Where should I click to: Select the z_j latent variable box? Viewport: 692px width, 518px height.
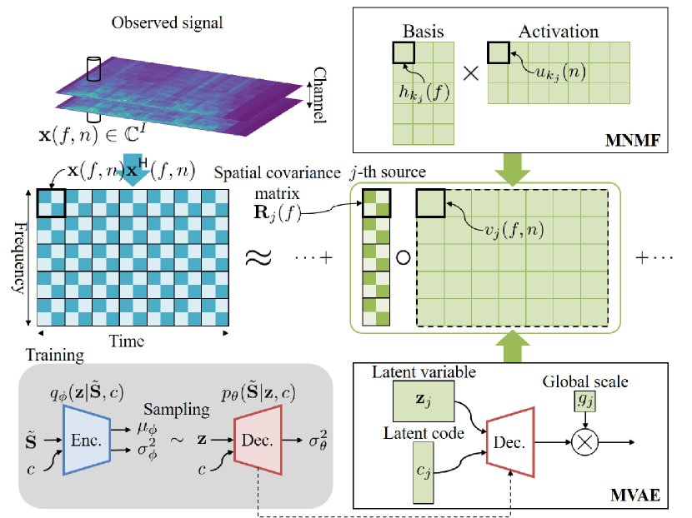(423, 401)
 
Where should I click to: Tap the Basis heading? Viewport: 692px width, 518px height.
(424, 32)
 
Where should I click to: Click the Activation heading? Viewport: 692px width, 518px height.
(559, 32)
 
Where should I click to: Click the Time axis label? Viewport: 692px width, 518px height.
(128, 341)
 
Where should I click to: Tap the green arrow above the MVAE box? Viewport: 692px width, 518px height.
(510, 344)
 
